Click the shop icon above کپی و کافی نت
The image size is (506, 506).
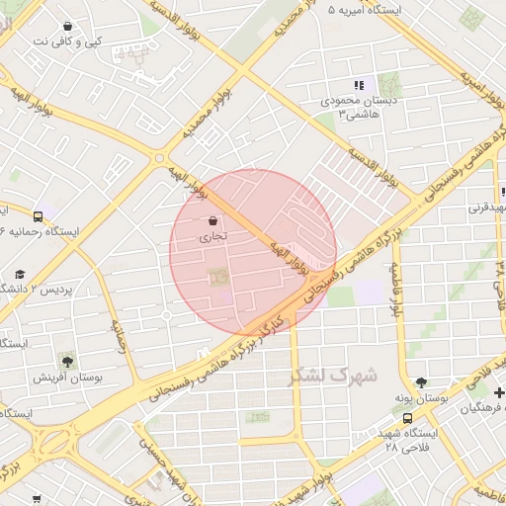(66, 27)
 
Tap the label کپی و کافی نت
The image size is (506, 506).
(66, 42)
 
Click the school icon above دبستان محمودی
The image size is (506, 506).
(359, 86)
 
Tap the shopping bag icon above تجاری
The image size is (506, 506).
(213, 221)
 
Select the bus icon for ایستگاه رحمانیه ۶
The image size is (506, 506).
(38, 216)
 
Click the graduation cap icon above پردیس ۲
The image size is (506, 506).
(20, 275)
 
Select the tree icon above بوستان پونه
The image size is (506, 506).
(422, 382)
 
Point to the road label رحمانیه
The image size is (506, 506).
(120, 335)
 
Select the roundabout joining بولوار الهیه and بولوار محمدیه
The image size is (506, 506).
(158, 157)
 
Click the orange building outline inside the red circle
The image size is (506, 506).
(216, 281)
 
